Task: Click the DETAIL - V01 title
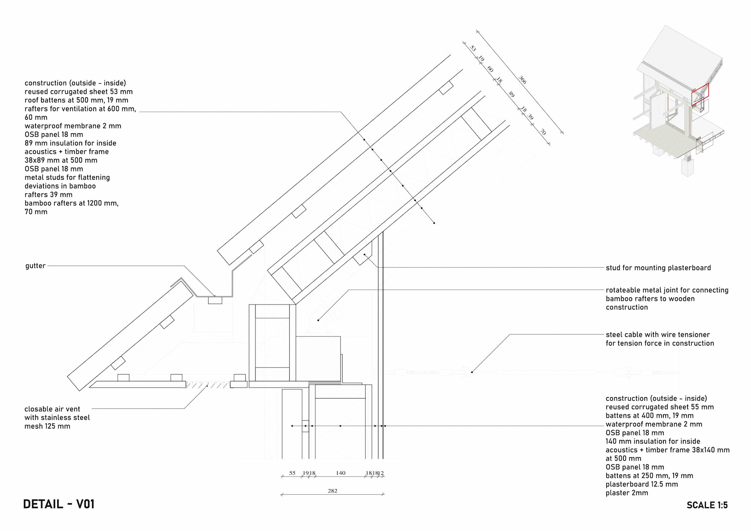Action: pyautogui.click(x=59, y=504)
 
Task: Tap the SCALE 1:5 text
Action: pyautogui.click(x=707, y=505)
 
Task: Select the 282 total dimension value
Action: pyautogui.click(x=332, y=491)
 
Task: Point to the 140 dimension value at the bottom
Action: pyautogui.click(x=340, y=473)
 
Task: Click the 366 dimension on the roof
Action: pyautogui.click(x=523, y=80)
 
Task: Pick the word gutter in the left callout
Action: pyautogui.click(x=35, y=266)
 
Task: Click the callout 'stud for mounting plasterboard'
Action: pyautogui.click(x=658, y=268)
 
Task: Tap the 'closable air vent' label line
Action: pyautogui.click(x=52, y=409)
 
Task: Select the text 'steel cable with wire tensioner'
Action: pyautogui.click(x=658, y=335)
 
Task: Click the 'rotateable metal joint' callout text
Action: pyautogui.click(x=667, y=290)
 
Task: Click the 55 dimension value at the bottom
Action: pyautogui.click(x=292, y=473)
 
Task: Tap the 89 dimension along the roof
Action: pyautogui.click(x=511, y=94)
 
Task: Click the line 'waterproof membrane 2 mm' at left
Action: pyautogui.click(x=73, y=126)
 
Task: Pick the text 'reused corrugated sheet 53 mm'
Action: pyautogui.click(x=78, y=92)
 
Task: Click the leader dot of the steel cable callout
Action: pyautogui.click(x=472, y=372)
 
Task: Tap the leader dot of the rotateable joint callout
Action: pyautogui.click(x=318, y=320)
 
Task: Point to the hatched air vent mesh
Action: pyautogui.click(x=207, y=385)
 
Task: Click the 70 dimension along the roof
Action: pyautogui.click(x=543, y=132)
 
